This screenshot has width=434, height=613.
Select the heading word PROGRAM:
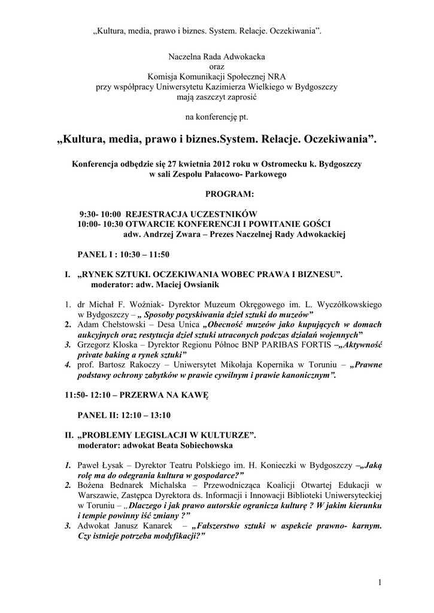(x=229, y=195)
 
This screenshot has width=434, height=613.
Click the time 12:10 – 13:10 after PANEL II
(x=148, y=414)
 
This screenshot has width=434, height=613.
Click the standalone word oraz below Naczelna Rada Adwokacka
(x=217, y=66)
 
